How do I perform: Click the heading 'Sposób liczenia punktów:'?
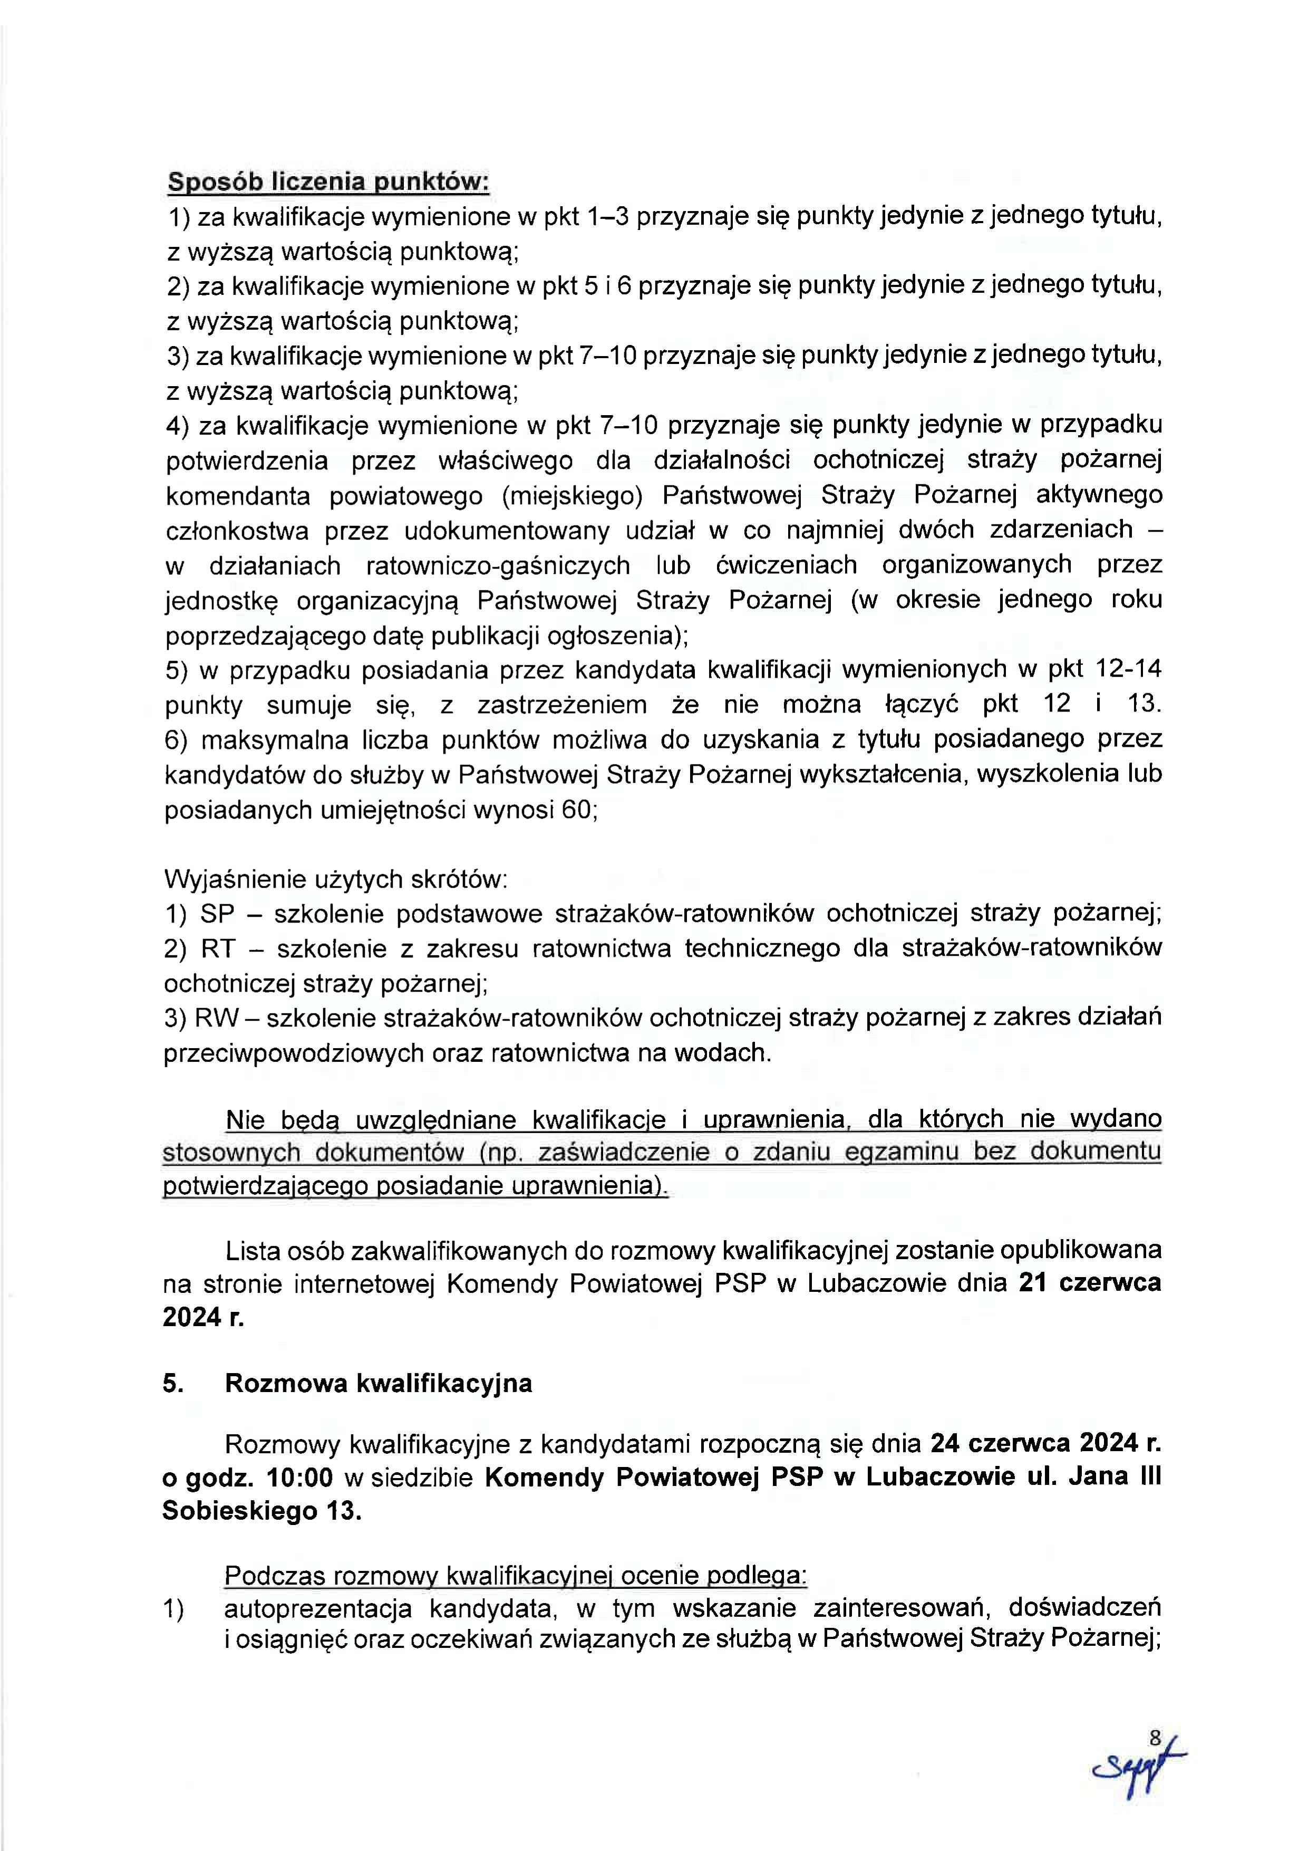[x=328, y=182]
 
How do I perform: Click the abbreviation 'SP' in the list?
[x=217, y=914]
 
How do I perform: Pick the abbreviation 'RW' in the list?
[x=216, y=1018]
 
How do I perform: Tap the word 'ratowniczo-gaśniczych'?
[x=497, y=565]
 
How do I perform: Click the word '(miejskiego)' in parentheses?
[x=572, y=495]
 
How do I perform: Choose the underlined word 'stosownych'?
[x=231, y=1153]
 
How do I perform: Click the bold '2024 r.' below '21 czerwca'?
[x=203, y=1317]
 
